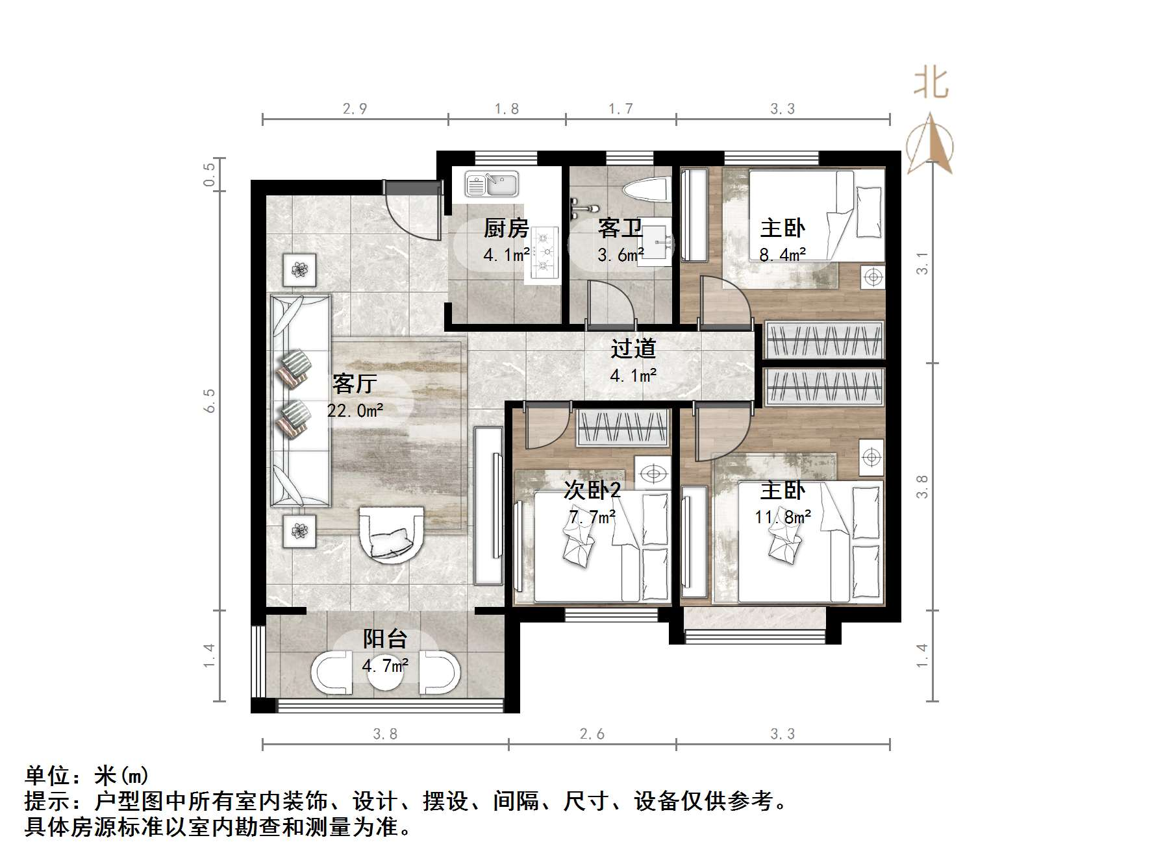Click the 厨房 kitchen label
click(506, 228)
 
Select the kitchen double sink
click(492, 184)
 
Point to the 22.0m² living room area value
click(355, 410)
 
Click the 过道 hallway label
click(633, 349)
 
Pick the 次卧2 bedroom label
click(592, 489)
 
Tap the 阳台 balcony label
click(384, 639)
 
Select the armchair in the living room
click(392, 534)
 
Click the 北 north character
click(931, 84)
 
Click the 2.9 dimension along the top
click(355, 108)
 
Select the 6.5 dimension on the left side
click(209, 401)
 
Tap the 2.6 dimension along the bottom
click(592, 734)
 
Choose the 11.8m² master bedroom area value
click(783, 517)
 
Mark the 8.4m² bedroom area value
click(783, 254)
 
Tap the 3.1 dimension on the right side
click(922, 263)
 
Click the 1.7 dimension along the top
click(620, 108)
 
